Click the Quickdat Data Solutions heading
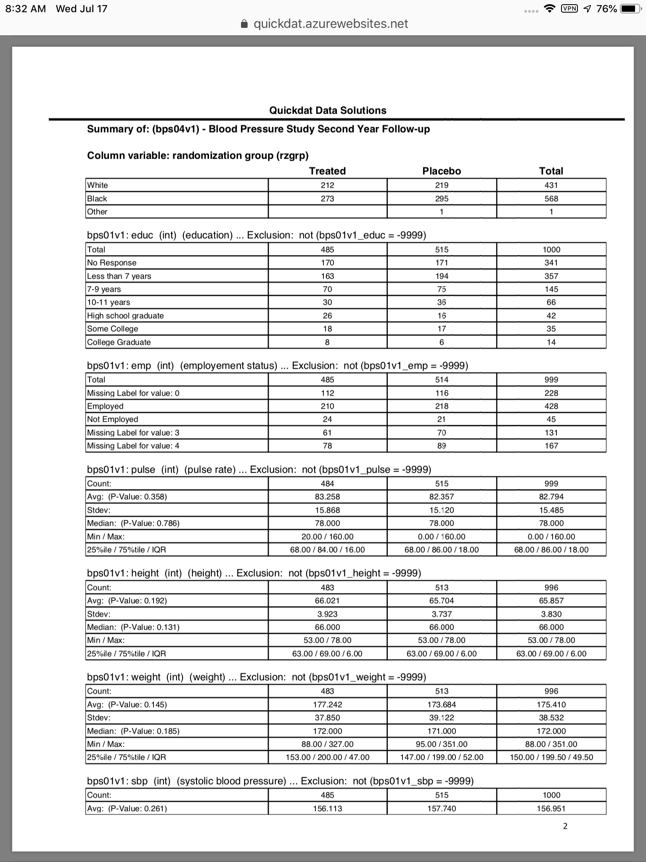[328, 110]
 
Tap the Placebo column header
[442, 171]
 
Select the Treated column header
[327, 171]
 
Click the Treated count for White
[327, 185]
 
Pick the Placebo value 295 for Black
[442, 199]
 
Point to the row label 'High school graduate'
[125, 316]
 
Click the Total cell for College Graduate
[551, 342]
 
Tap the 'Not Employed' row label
[113, 419]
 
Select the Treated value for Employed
[327, 406]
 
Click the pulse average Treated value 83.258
[327, 497]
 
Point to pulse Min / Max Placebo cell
[442, 537]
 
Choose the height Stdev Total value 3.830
[551, 614]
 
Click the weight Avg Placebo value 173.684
[442, 705]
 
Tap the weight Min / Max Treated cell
[327, 744]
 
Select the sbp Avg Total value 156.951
[551, 809]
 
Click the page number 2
[565, 826]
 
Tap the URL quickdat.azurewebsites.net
[331, 24]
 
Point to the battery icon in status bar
[630, 9]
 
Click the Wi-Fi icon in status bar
[549, 9]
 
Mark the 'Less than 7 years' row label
[119, 276]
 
